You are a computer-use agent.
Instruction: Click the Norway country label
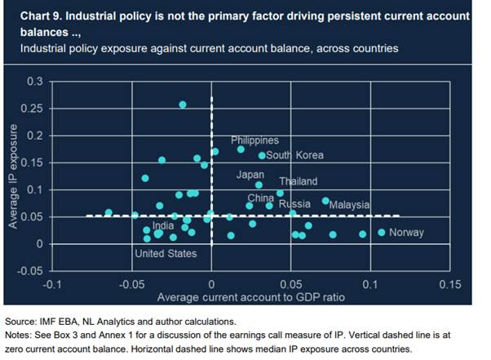point(406,233)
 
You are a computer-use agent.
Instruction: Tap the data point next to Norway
point(381,233)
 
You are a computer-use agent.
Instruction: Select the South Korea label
point(295,155)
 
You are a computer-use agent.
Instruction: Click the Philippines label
point(254,140)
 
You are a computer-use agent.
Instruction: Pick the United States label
point(166,254)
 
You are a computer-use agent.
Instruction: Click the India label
point(163,226)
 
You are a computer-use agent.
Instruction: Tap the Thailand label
point(298,181)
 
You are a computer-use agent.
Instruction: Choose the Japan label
point(250,175)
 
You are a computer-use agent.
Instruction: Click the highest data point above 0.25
point(183,104)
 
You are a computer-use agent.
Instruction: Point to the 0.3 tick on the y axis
point(34,82)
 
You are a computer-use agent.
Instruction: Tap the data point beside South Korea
point(262,155)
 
